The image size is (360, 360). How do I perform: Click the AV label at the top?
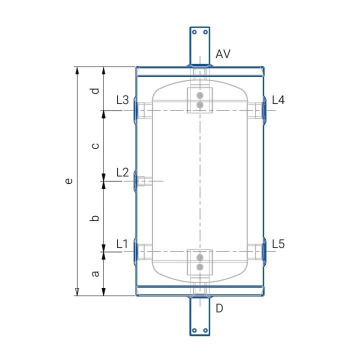tap(223, 54)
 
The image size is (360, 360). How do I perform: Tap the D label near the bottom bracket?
tap(219, 308)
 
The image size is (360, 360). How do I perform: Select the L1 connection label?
tap(122, 244)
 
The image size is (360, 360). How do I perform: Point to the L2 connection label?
tap(122, 172)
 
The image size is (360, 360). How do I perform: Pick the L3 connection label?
tap(122, 100)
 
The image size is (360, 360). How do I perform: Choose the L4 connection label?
tap(278, 100)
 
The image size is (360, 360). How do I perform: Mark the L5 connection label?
tap(278, 244)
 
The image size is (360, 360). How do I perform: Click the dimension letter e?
tap(68, 181)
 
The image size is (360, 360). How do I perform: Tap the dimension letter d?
tap(95, 91)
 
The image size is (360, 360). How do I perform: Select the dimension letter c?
tap(95, 146)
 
